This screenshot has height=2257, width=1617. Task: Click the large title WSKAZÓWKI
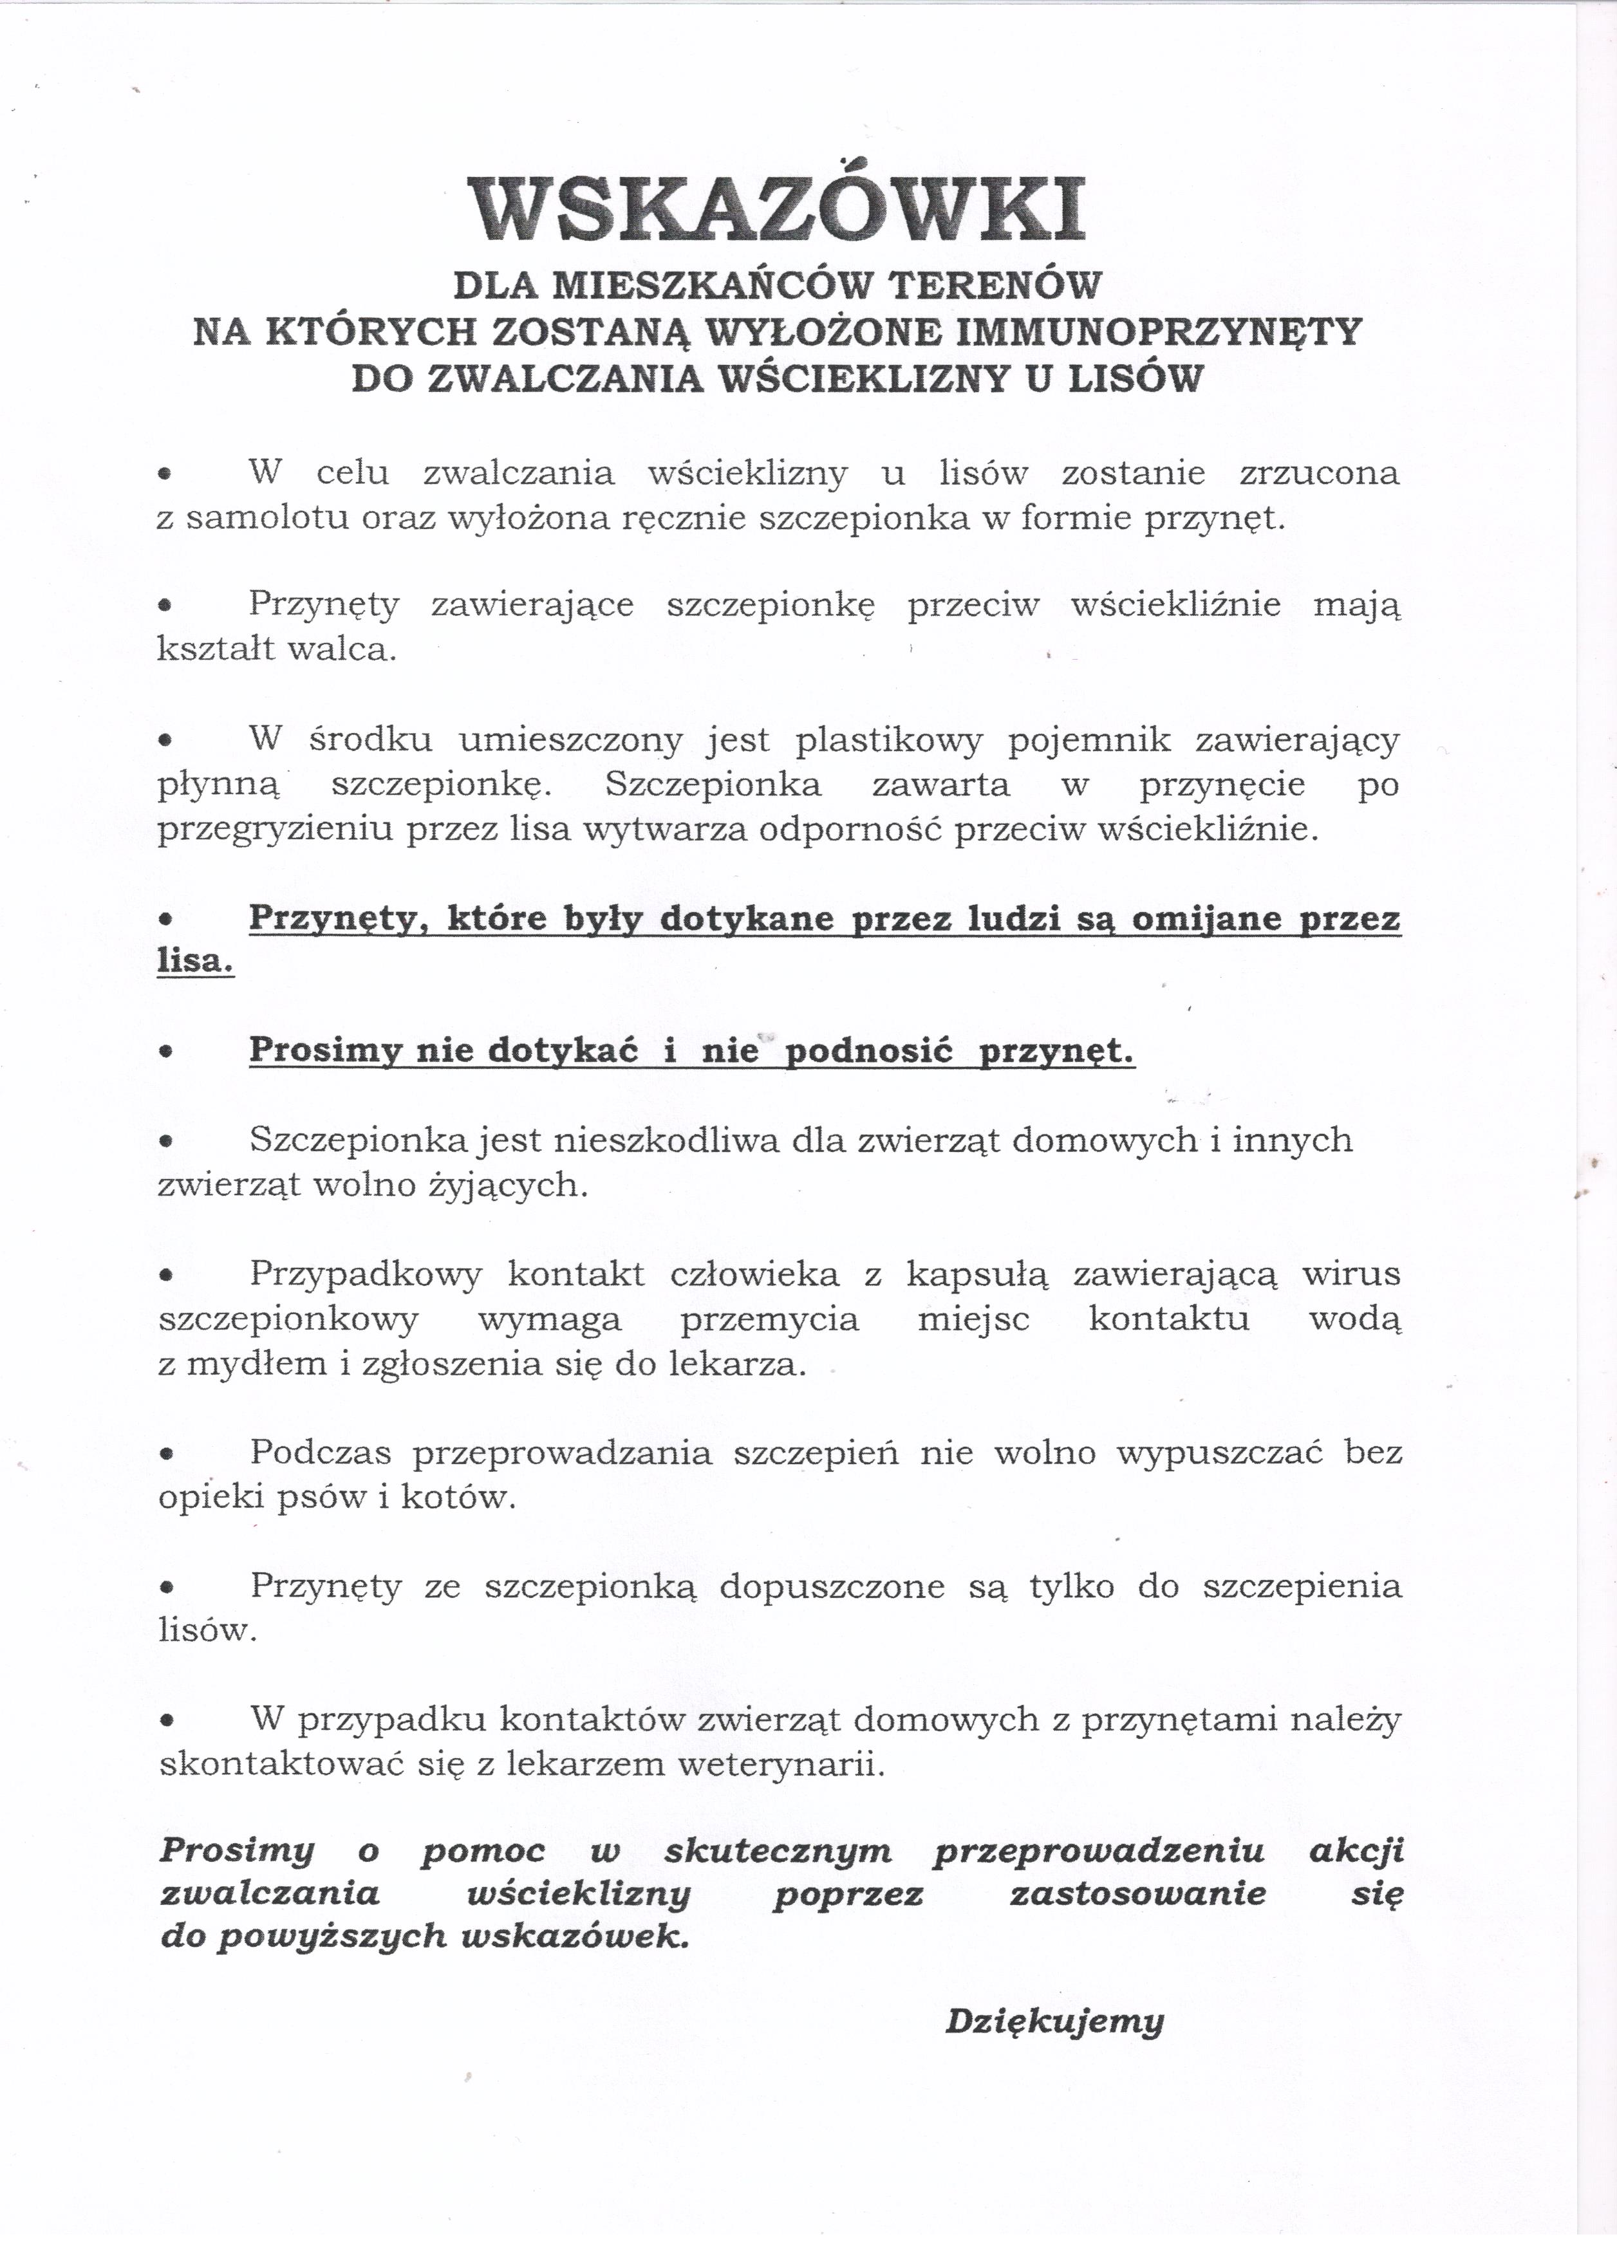(x=776, y=209)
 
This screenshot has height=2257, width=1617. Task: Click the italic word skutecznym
(x=778, y=1851)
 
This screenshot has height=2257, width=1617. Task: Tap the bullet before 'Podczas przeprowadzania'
(x=169, y=1454)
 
